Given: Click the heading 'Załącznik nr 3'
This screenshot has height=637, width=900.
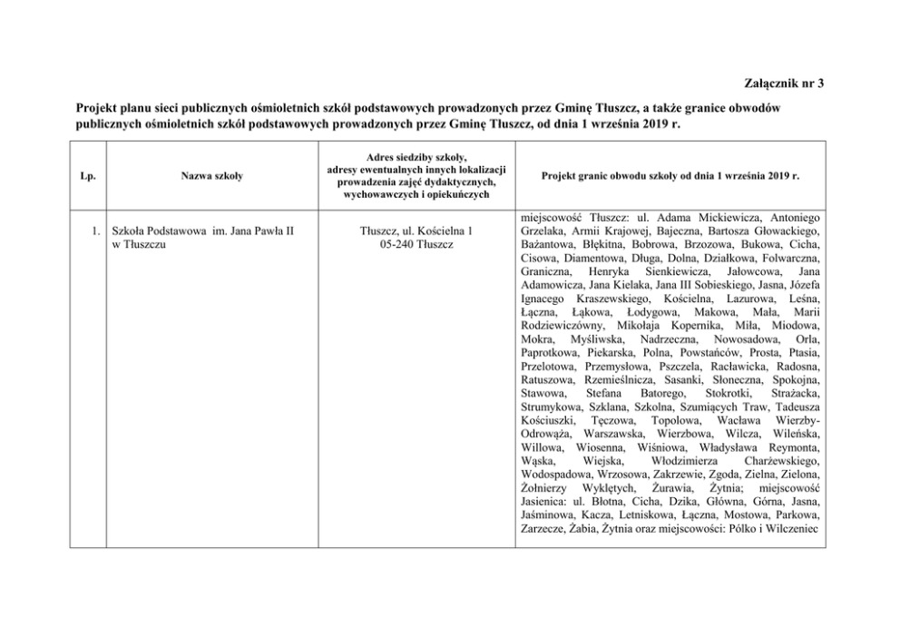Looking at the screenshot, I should tap(782, 84).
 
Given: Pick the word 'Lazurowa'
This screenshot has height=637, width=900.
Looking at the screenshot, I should tap(749, 299).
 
